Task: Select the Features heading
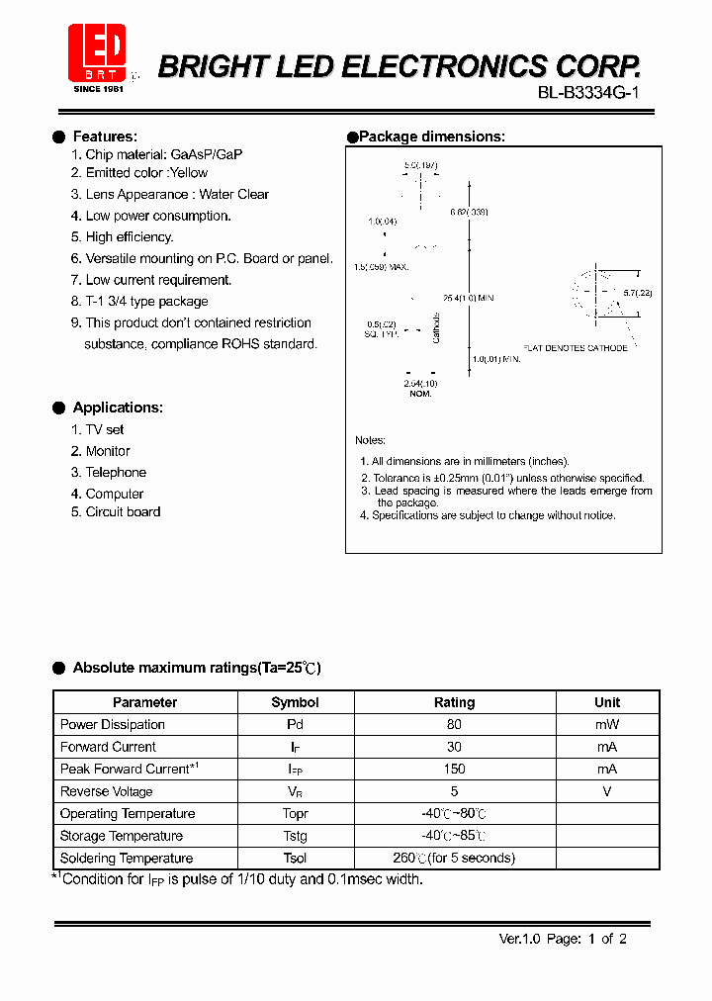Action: pos(105,136)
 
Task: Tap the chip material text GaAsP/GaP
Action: pos(206,154)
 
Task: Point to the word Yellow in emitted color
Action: pos(189,172)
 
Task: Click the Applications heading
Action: pos(118,408)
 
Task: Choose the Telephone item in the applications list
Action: pos(116,473)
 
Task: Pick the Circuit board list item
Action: pos(123,511)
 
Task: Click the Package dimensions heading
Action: pos(431,136)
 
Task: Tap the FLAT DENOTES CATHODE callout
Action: pos(576,348)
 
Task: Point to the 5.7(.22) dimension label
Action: pos(638,293)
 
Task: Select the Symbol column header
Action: pos(295,702)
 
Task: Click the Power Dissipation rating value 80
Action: pos(454,724)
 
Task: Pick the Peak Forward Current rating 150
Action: pos(454,769)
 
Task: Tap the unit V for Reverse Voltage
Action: pos(607,791)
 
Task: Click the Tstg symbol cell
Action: pos(295,836)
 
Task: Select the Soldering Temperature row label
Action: pos(127,859)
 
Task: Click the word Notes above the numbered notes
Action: pos(370,440)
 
